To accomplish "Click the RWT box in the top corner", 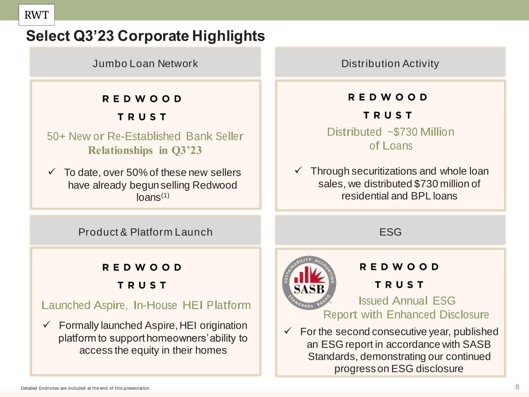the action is (37, 15).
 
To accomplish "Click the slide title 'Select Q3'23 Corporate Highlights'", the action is (145, 36).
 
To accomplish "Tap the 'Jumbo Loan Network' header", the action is (145, 64).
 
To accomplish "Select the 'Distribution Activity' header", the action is (390, 64).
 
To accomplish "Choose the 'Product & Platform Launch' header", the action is (145, 232).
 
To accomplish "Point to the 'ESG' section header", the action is (390, 232).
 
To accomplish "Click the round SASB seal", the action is (309, 283).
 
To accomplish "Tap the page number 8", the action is (517, 387).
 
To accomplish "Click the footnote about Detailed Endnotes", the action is (86, 388).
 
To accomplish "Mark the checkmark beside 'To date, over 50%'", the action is (52, 172).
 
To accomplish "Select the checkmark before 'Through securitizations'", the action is (298, 170).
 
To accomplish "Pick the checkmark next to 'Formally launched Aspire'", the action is (47, 325).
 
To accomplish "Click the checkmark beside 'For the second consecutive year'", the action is (288, 330).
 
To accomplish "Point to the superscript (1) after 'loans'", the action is (165, 195).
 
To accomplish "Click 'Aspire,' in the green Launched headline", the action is (110, 305).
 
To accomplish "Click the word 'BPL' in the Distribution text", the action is (421, 196).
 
